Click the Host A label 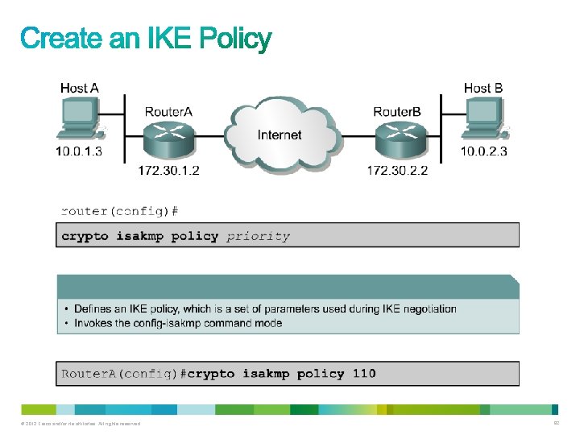pyautogui.click(x=80, y=87)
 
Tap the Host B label pyautogui.click(x=483, y=87)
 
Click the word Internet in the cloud pyautogui.click(x=280, y=135)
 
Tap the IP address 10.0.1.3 pyautogui.click(x=79, y=151)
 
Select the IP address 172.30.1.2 pyautogui.click(x=168, y=170)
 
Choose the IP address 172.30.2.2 pyautogui.click(x=397, y=170)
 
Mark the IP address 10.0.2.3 pyautogui.click(x=483, y=151)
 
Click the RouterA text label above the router pyautogui.click(x=168, y=111)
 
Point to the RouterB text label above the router pyautogui.click(x=397, y=111)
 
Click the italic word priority pyautogui.click(x=258, y=236)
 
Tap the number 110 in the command pyautogui.click(x=364, y=373)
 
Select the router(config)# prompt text pyautogui.click(x=119, y=211)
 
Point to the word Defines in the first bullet pyautogui.click(x=93, y=309)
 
